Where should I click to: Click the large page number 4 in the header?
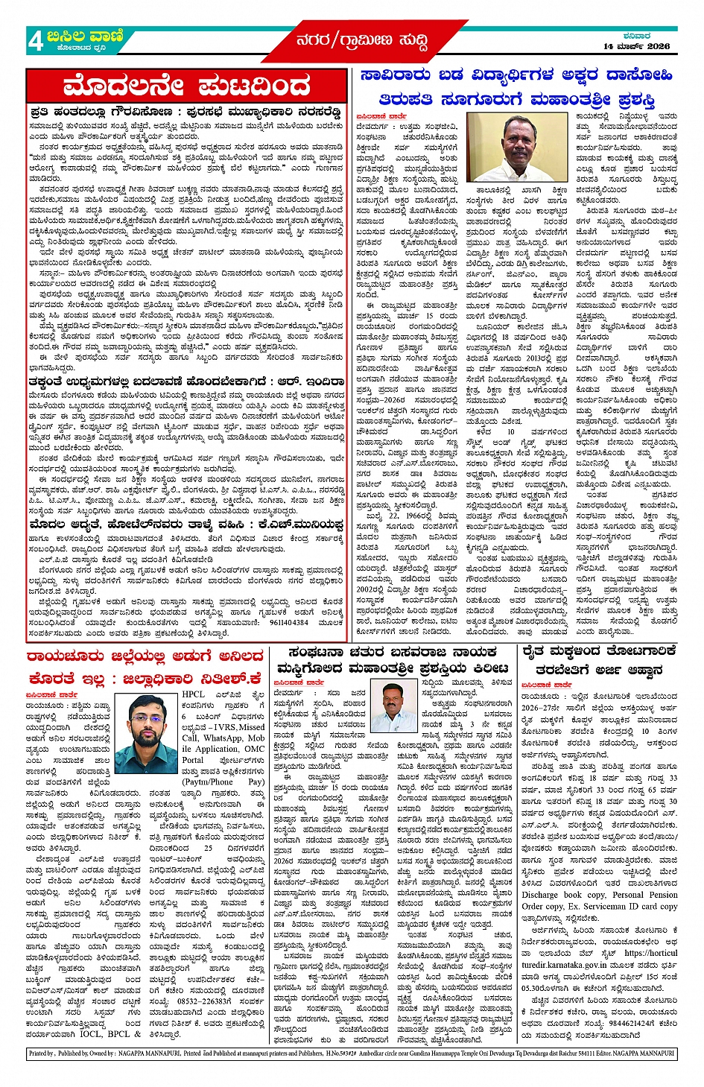(x=35, y=41)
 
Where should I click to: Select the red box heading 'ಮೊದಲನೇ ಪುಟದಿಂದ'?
(x=186, y=86)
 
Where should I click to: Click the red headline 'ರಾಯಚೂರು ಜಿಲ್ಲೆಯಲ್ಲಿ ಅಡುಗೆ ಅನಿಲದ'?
(x=145, y=656)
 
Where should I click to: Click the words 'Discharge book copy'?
(x=564, y=894)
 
